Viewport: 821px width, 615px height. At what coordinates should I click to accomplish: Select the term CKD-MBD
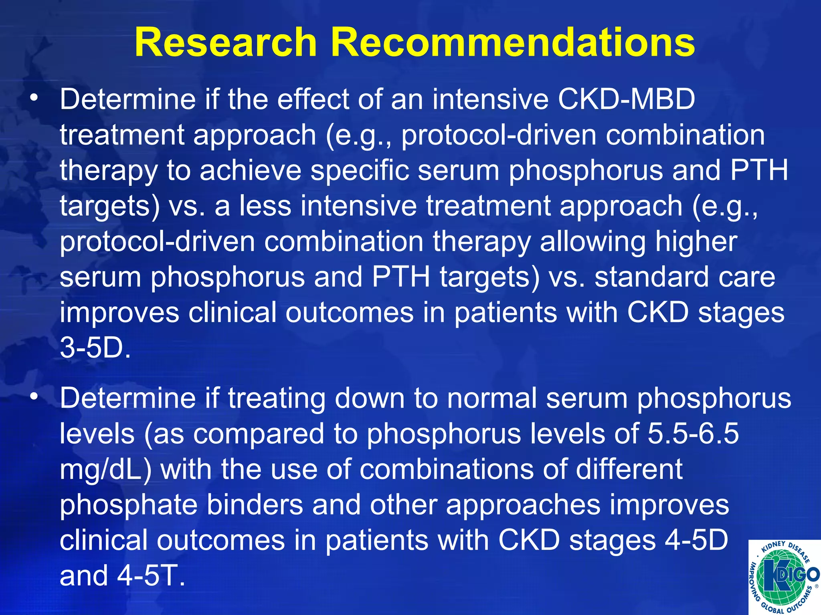tap(626, 99)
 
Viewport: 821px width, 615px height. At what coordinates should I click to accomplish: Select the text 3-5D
tap(95, 348)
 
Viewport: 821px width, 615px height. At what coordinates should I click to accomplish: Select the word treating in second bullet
tap(276, 398)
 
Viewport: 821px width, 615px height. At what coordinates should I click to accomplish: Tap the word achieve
tap(250, 170)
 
